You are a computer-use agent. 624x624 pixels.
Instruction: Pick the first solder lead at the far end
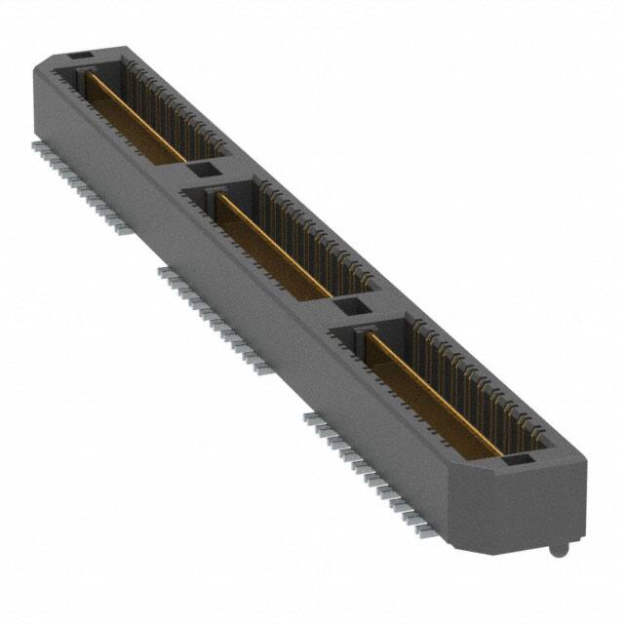click(x=37, y=143)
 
